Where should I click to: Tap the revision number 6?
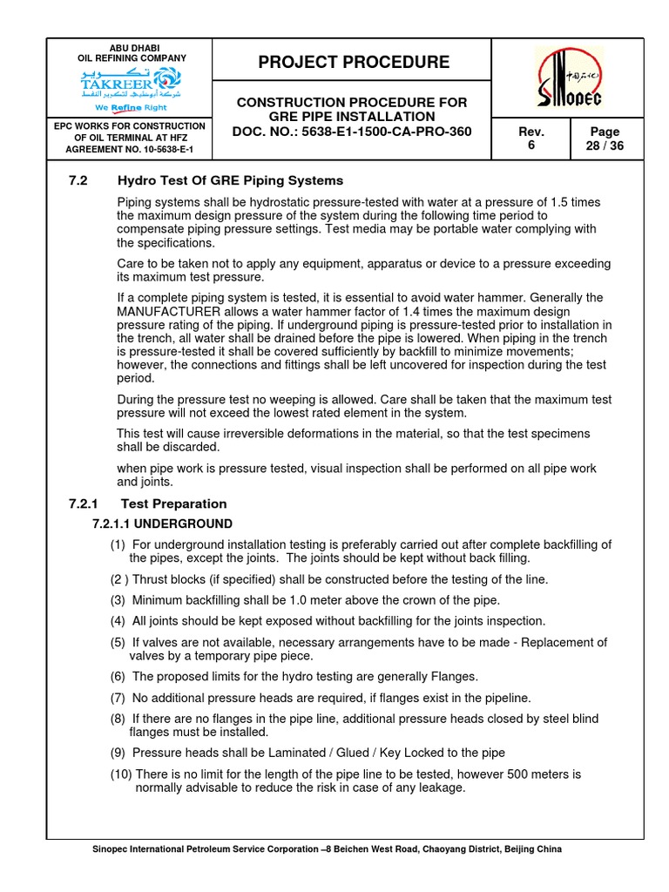point(531,145)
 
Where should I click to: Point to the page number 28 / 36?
point(605,145)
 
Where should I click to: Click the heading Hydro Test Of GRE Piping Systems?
point(230,180)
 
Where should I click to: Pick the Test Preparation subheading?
point(173,503)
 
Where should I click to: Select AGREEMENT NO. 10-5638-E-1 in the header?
point(130,150)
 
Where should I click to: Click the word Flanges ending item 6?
point(453,677)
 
